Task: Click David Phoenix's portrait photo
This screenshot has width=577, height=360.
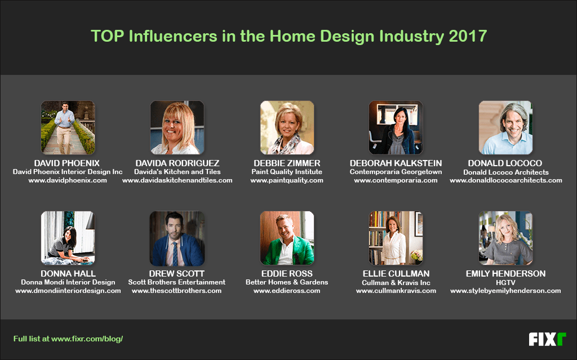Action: [68, 128]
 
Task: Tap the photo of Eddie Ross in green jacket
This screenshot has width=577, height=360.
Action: [287, 238]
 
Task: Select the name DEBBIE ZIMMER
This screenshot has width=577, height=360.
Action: [287, 163]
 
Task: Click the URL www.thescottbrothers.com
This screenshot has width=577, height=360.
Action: [176, 291]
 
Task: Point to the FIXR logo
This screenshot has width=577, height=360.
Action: [547, 339]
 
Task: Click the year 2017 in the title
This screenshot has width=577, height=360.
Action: [468, 37]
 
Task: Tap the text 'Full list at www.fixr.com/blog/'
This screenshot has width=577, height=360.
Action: [68, 339]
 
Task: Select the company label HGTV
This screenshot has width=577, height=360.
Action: [505, 282]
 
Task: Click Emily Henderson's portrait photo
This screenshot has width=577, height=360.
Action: [505, 238]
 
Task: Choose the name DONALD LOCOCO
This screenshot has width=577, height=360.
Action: [505, 163]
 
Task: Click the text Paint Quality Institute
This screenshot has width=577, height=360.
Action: [287, 172]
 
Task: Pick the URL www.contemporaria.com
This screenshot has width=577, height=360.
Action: [396, 180]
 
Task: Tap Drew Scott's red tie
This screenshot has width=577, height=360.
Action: [175, 254]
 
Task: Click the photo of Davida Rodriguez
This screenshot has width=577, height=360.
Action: [177, 128]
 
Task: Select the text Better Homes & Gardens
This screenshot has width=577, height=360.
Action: [287, 282]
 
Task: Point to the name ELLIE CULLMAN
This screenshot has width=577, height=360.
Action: [396, 274]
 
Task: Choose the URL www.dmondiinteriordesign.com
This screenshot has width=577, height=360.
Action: [68, 291]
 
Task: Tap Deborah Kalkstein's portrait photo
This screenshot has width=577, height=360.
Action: [396, 128]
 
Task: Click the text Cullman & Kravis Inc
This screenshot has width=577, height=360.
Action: [396, 282]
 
